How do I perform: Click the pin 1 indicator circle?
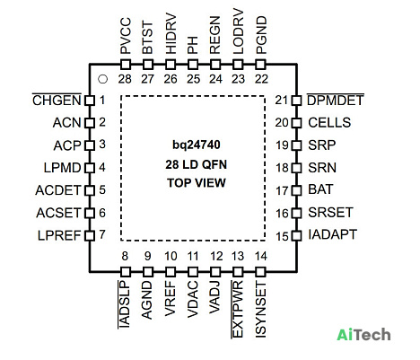pos(102,79)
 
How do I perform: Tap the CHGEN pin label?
pos(57,101)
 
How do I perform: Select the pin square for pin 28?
pos(126,65)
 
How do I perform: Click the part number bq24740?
pos(197,145)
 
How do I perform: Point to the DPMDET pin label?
pos(336,101)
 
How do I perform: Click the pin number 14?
pos(261,256)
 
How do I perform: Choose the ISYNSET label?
pos(261,310)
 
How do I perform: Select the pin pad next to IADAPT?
pos(296,235)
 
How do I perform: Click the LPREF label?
pos(59,235)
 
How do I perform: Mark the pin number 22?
pos(261,79)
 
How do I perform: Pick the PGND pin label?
pos(261,35)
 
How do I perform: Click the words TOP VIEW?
pos(197,183)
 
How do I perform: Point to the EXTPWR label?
pos(238,310)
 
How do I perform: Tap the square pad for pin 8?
pos(126,272)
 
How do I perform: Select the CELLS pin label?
pos(329,123)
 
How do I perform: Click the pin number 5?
pos(102,189)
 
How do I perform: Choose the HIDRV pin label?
pos(171,33)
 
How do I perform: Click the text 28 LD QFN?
pos(197,164)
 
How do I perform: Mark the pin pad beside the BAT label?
pos(296,190)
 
